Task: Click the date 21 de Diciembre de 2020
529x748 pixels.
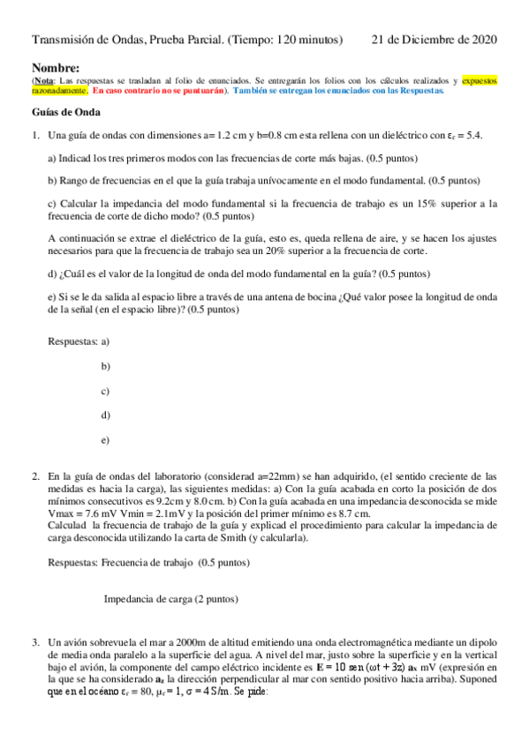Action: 434,40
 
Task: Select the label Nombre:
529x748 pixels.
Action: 56,68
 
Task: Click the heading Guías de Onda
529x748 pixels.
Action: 66,112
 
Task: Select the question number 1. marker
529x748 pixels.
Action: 36,136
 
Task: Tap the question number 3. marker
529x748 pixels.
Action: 36,643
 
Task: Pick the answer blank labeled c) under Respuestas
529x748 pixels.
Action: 105,390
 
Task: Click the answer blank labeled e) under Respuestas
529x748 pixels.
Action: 105,439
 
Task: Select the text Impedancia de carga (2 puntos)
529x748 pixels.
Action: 170,599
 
